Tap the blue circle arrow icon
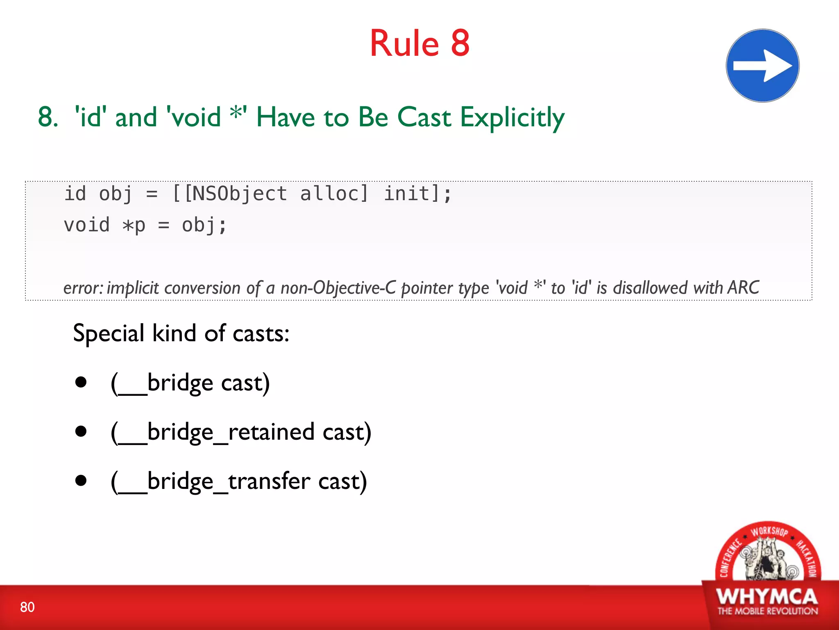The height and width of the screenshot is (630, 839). (762, 66)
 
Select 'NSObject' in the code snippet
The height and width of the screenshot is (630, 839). (236, 194)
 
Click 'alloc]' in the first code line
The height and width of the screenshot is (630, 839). (334, 194)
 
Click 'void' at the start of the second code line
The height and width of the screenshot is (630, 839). (87, 225)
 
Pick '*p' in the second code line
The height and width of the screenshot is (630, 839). (134, 226)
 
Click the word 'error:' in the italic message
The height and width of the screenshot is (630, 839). (84, 288)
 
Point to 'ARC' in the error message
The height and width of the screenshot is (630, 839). (743, 288)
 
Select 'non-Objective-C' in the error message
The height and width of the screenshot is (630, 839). (338, 288)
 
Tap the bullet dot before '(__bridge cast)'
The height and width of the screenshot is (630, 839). (81, 382)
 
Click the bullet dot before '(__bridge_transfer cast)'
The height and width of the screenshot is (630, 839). (81, 480)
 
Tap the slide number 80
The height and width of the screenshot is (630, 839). (27, 607)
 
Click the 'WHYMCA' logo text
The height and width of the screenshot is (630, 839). (767, 596)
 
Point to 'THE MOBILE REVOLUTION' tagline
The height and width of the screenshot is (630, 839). (767, 611)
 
